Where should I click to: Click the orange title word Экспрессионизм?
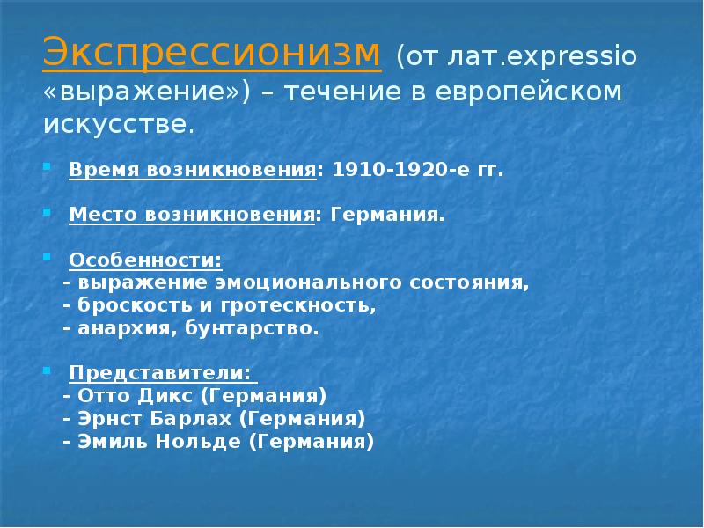[212, 54]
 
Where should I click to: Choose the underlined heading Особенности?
[145, 261]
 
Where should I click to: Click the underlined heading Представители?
[160, 372]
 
